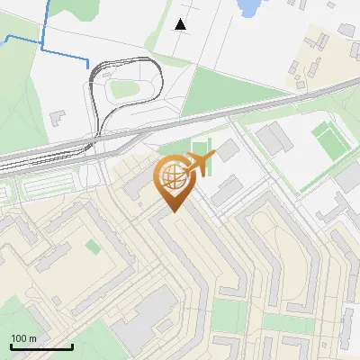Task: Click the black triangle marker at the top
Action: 181,24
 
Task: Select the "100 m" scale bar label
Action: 23,338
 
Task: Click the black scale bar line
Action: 40,346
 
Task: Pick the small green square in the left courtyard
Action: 93,246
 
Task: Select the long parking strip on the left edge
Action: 54,186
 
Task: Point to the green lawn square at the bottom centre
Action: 229,315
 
